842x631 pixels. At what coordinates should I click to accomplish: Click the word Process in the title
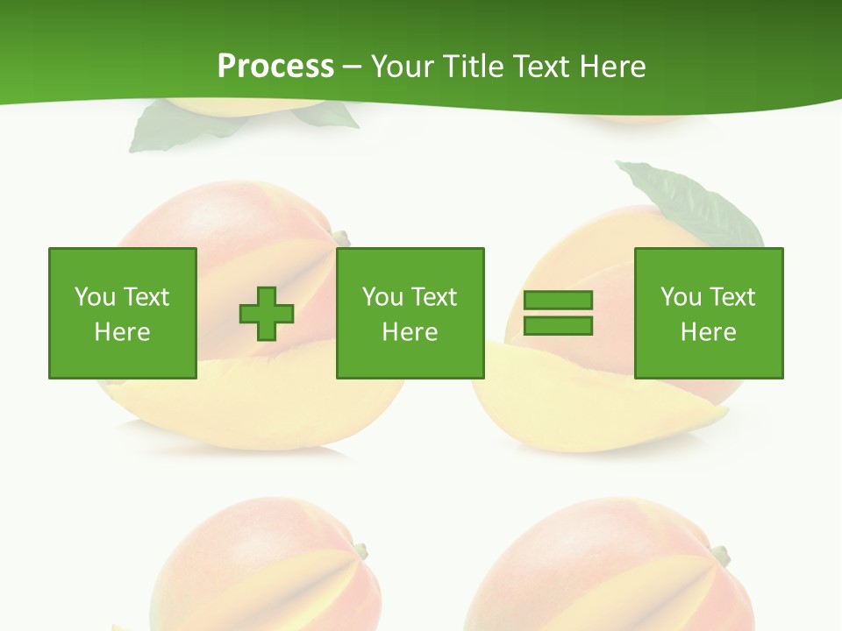point(275,67)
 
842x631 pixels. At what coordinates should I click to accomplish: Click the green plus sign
point(267,314)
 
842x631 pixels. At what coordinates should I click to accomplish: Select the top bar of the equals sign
point(558,301)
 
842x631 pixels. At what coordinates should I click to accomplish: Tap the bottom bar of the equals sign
point(558,326)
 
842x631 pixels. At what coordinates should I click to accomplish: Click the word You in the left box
point(95,297)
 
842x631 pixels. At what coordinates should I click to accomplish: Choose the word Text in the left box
point(146,297)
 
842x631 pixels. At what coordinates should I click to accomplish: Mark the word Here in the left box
point(122,332)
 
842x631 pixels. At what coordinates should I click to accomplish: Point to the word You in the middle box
point(382,297)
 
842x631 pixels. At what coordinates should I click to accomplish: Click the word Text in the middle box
point(433,297)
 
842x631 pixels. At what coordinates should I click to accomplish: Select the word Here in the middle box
point(410,332)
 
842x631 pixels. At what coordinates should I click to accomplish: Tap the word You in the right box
point(681,297)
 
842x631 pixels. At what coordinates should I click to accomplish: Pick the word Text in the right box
point(731,297)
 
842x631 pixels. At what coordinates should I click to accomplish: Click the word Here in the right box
point(708,332)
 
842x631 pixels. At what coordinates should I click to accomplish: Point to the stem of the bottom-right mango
point(720,555)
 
